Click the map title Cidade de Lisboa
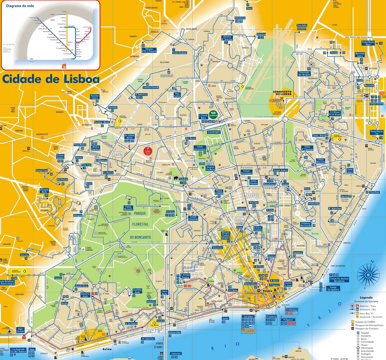coord(51,79)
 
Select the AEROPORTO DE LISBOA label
coord(282,94)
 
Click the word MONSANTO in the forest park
coord(140,237)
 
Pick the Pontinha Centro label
coord(95,97)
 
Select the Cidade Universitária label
coord(200,148)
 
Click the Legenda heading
coord(366,298)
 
